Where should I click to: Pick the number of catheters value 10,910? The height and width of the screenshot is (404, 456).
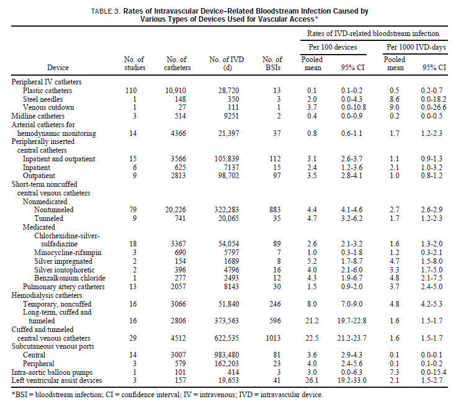pyautogui.click(x=177, y=91)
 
